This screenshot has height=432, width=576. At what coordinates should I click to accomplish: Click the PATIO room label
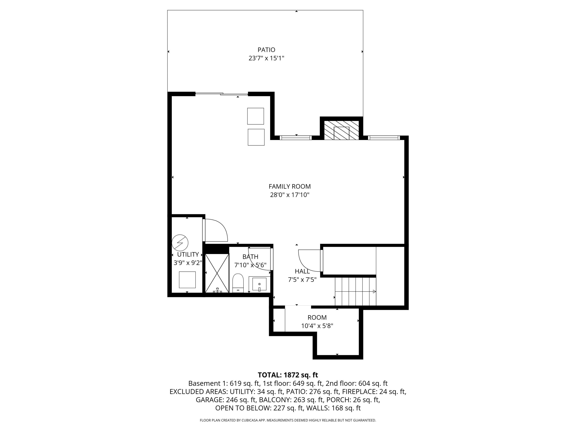coord(266,50)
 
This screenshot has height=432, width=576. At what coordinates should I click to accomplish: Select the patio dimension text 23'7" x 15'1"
coord(266,58)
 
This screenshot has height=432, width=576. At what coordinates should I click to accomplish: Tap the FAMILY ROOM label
coord(290,186)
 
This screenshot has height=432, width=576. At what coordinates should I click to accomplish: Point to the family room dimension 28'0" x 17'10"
coord(290,195)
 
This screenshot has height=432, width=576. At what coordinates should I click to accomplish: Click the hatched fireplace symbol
coord(341,130)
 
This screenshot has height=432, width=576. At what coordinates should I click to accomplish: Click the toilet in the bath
coord(238,283)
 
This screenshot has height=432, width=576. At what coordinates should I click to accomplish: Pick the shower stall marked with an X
coord(217,273)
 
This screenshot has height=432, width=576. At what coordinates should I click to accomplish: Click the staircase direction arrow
coord(374,291)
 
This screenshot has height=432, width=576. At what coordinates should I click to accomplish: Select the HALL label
coord(302,271)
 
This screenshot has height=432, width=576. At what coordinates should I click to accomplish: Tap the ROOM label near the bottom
coord(317,317)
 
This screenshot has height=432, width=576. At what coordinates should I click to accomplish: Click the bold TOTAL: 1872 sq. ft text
coord(288,375)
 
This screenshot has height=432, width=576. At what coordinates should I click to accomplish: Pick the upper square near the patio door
coord(255,116)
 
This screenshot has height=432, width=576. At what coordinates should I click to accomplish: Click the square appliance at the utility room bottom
coord(187,280)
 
